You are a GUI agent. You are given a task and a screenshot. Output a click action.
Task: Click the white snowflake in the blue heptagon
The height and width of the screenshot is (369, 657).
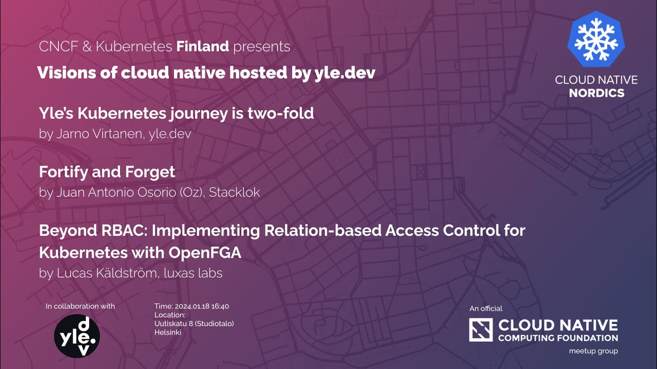[596, 39]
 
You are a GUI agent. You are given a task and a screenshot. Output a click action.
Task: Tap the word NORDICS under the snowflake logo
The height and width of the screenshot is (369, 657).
[596, 93]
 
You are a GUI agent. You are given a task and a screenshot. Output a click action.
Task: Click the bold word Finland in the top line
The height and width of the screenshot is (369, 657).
[202, 47]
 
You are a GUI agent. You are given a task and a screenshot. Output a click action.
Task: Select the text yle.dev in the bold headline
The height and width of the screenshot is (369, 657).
[344, 73]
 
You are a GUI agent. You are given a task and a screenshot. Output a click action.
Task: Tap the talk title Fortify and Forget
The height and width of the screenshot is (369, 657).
[107, 172]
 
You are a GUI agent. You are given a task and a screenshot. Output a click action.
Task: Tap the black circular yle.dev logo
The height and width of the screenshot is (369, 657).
[77, 336]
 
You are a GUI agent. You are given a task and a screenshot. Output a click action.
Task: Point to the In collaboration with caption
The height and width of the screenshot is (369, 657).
[80, 306]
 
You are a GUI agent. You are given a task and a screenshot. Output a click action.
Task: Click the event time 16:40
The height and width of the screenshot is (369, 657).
[219, 306]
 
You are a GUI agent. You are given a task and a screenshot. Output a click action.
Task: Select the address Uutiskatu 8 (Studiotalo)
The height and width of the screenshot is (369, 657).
[194, 324]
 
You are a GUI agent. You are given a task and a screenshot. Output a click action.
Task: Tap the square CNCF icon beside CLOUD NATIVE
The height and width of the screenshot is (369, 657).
[480, 330]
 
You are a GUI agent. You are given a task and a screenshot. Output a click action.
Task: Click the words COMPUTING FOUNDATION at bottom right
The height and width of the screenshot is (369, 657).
[558, 338]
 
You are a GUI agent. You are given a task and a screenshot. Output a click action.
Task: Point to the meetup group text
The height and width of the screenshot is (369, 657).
[593, 351]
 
